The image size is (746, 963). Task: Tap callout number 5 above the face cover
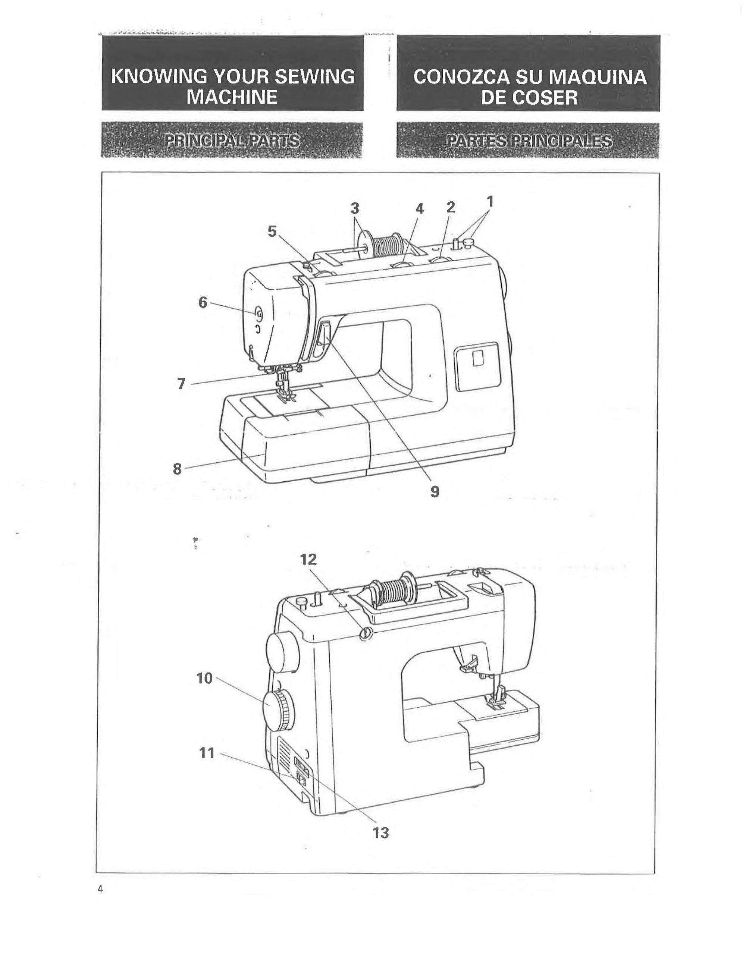click(x=272, y=231)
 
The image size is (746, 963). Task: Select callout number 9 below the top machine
click(x=435, y=491)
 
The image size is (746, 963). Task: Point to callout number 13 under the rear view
click(x=381, y=833)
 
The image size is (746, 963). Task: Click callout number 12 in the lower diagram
click(x=308, y=560)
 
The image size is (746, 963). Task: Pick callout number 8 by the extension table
click(x=177, y=469)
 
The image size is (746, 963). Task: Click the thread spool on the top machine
click(x=386, y=246)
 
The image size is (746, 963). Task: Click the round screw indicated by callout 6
click(x=258, y=314)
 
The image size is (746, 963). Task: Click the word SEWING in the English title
click(x=314, y=77)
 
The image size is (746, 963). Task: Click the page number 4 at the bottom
click(x=100, y=889)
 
